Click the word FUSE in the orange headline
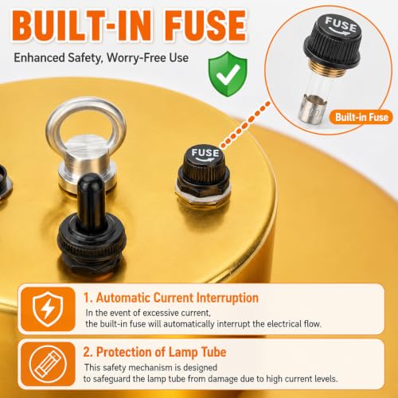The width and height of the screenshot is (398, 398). point(205,25)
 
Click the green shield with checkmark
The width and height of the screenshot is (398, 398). point(228,74)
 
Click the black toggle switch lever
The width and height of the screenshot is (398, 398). point(90,201)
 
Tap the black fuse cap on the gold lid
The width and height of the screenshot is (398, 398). point(205,166)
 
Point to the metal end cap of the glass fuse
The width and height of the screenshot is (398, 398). point(312,110)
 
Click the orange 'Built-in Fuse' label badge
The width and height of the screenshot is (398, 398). point(361,117)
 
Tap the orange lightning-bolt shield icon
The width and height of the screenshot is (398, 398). point(48,309)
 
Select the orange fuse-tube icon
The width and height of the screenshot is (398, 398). point(48,364)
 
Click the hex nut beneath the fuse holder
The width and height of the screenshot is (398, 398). point(203,197)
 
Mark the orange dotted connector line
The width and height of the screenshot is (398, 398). point(245,124)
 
